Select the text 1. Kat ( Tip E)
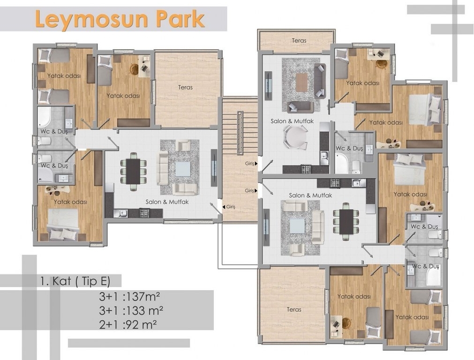[75, 281]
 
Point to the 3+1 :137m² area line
[129, 296]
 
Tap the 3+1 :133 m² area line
[131, 310]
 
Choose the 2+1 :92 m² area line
[128, 325]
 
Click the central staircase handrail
[240, 133]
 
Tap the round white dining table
[295, 137]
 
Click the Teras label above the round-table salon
[299, 40]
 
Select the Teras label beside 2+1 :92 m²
[294, 309]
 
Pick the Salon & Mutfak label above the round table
[292, 121]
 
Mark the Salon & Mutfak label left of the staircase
[167, 202]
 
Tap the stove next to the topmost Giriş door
[306, 169]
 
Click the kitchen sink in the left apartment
[120, 213]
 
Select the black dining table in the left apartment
[133, 172]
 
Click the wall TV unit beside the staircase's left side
[214, 168]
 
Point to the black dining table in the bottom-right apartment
[346, 222]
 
